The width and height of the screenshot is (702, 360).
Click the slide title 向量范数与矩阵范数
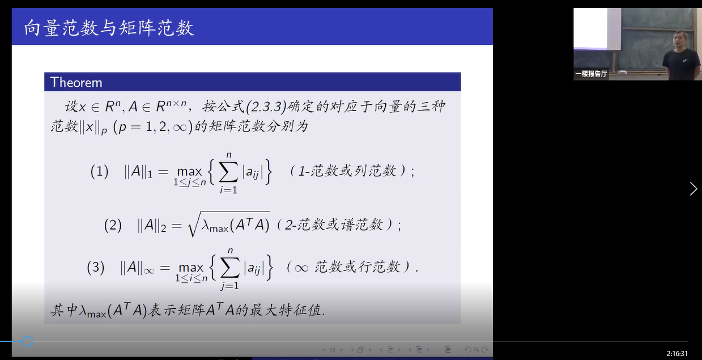[x=109, y=28]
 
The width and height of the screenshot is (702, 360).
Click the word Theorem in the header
[x=76, y=83]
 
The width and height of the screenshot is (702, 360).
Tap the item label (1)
[x=99, y=172]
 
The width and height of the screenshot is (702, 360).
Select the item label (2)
[x=113, y=226]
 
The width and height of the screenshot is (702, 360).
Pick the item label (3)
[x=96, y=268]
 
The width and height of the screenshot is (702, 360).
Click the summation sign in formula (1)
[x=228, y=172]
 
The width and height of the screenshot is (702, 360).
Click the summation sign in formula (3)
[x=230, y=268]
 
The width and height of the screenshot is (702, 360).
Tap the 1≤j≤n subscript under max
[x=190, y=183]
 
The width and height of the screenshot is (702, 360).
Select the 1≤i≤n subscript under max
[x=191, y=278]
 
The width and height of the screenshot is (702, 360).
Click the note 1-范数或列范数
[x=347, y=171]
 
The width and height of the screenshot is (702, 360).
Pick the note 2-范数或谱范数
[x=334, y=225]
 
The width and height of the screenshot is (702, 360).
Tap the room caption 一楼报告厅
[x=591, y=74]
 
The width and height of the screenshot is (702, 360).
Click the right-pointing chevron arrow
[x=694, y=189]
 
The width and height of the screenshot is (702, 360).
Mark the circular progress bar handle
[x=27, y=341]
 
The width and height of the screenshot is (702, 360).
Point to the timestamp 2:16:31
[x=677, y=354]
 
